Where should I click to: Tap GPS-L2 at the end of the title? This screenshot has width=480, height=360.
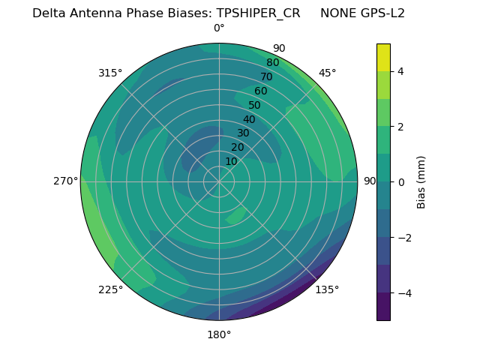pos(380,13)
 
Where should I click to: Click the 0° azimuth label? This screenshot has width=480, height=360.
pos(219,28)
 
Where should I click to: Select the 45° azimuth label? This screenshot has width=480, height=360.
pos(327,73)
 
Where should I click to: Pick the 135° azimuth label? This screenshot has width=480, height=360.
pos(327,289)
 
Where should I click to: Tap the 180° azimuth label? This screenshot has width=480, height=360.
pos(219,334)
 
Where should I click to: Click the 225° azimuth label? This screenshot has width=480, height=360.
pos(110,289)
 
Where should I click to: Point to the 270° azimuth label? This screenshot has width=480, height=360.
pos(65,181)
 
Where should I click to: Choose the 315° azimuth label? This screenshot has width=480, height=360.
pos(110,73)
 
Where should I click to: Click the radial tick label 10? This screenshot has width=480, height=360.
pos(231,161)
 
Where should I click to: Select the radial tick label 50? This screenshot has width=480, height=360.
pos(254,105)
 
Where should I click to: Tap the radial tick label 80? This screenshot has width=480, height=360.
pos(272,62)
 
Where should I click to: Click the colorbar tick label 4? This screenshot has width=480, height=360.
pos(401,71)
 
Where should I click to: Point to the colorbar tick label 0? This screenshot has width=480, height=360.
pos(401,182)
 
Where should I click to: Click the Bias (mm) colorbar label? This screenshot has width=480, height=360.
pos(421,182)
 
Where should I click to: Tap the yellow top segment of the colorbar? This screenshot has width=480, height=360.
pos(383,57)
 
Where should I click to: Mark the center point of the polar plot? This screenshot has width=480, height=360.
pos(219,181)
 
